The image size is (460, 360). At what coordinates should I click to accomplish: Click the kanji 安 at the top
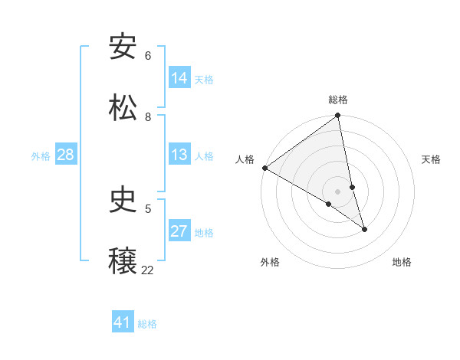pos(123,47)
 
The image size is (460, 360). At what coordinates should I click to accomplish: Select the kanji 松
pos(123,108)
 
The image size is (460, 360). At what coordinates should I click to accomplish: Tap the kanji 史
pos(123,200)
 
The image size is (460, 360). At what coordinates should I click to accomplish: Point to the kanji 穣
pos(123,261)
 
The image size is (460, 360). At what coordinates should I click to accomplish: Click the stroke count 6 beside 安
pos(148,56)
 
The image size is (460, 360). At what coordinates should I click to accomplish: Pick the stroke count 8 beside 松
pos(148,117)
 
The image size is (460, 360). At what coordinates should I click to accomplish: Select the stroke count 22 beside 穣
pos(147,270)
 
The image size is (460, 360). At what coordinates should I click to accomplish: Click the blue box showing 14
pos(179,78)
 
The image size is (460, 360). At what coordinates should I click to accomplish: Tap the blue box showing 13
pos(179,155)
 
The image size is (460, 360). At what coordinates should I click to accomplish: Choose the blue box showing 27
pos(179,231)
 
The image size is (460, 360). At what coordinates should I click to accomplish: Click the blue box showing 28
pos(65,155)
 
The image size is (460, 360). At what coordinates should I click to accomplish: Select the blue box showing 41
pos(123,322)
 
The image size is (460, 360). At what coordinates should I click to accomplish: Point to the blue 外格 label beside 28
pos(41,156)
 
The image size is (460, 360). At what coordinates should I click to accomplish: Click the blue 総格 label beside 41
pos(147,324)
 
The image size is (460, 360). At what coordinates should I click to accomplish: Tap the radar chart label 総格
pos(338,100)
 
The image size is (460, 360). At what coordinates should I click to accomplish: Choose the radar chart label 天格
pos(432,159)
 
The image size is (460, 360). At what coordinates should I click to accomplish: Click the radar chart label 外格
pos(270,263)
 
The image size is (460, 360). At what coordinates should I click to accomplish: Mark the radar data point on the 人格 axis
pos(264,168)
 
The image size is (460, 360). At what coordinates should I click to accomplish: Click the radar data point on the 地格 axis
pos(364,229)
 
